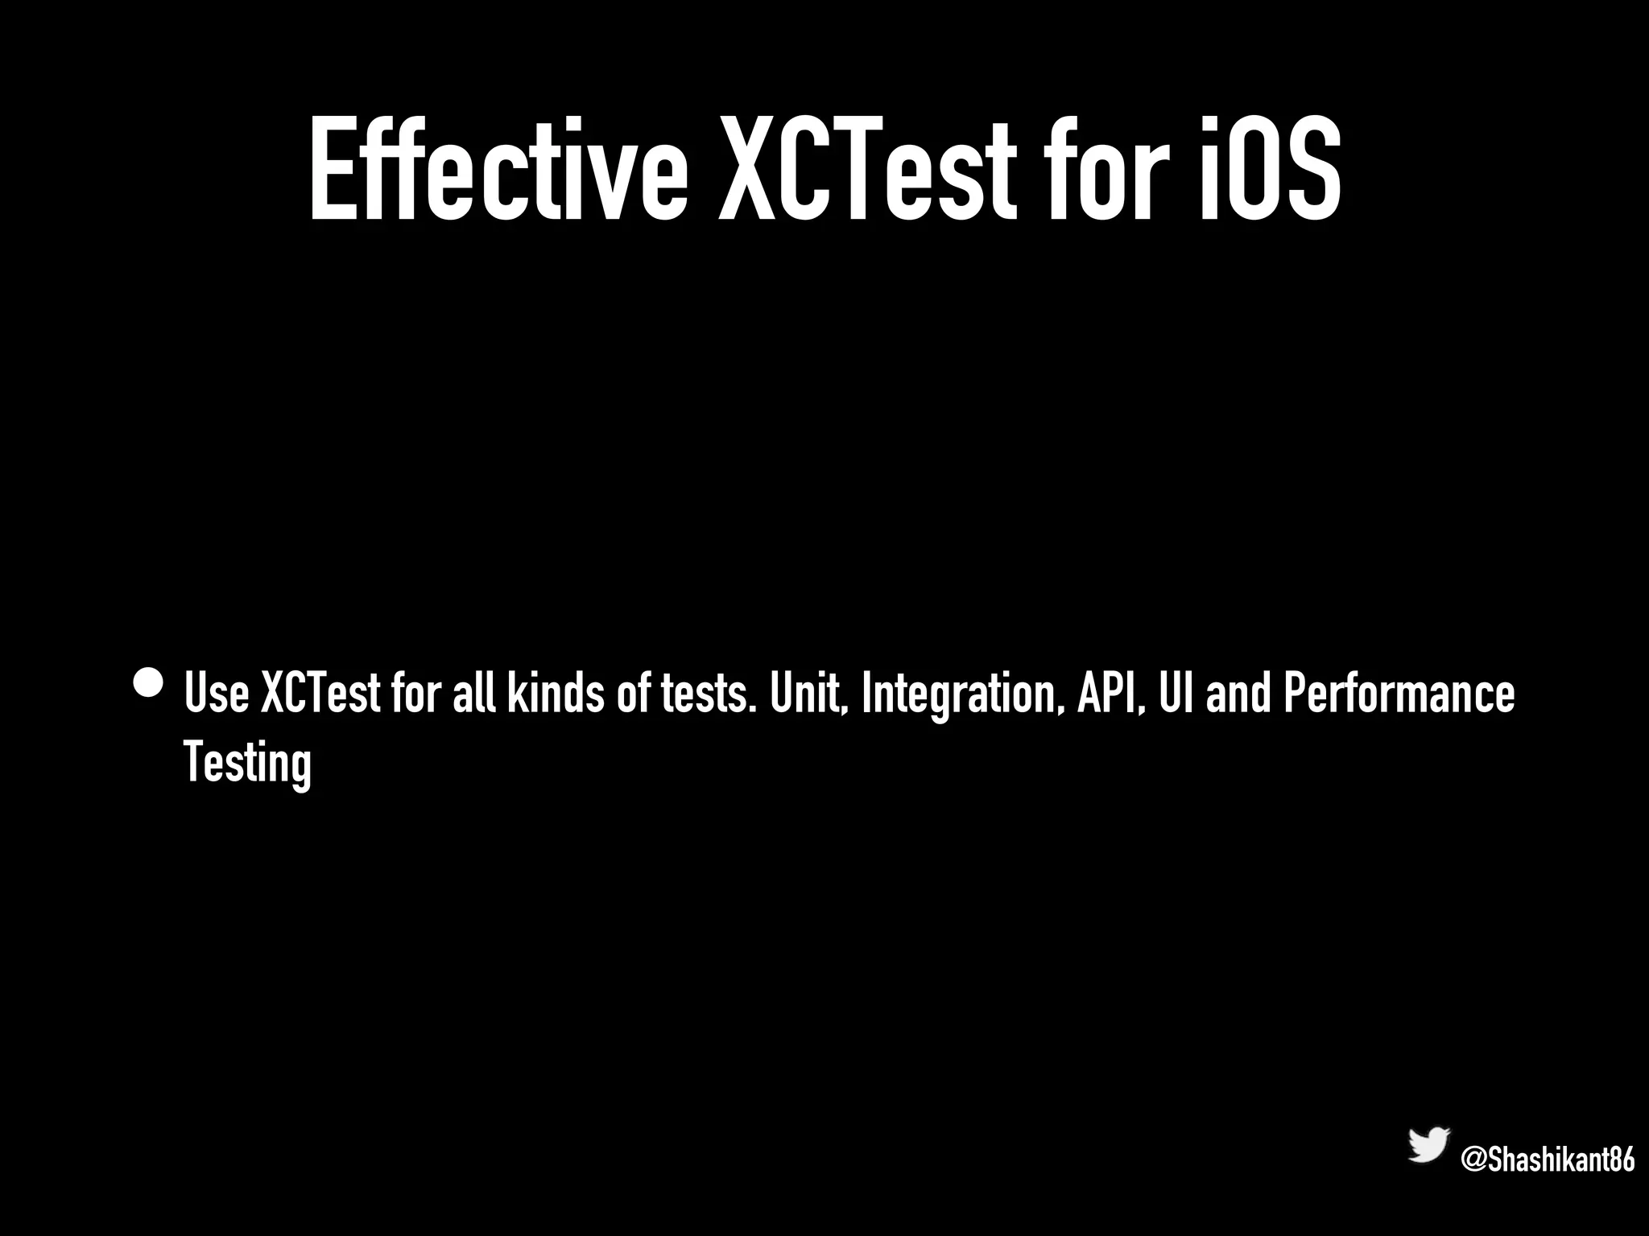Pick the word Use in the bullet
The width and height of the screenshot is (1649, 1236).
point(217,693)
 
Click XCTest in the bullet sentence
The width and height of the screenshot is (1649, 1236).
point(320,693)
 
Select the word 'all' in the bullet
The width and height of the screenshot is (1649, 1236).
point(473,693)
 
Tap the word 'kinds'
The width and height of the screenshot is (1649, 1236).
point(554,693)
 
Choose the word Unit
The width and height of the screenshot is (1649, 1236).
point(808,693)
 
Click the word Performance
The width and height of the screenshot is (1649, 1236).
point(1399,693)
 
